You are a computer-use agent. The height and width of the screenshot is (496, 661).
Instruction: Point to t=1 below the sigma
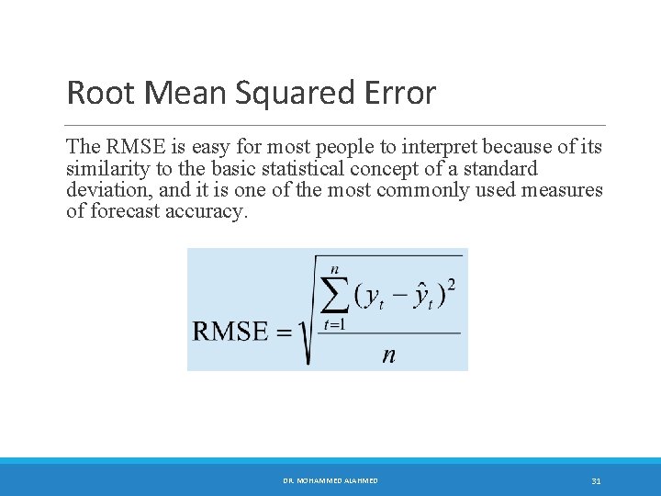pyautogui.click(x=336, y=324)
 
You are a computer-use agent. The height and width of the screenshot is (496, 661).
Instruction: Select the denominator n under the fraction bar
pyautogui.click(x=389, y=355)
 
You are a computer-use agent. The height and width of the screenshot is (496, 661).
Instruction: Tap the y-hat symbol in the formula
pyautogui.click(x=421, y=296)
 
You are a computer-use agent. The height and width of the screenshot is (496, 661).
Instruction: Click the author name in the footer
pyautogui.click(x=330, y=480)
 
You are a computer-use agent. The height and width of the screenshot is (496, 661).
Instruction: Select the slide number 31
pyautogui.click(x=596, y=480)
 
